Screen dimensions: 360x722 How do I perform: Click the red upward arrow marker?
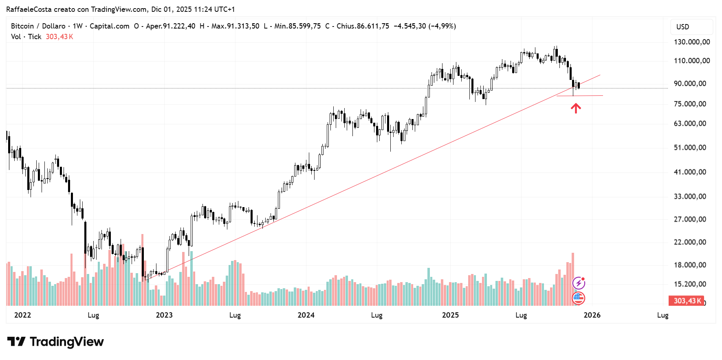(x=575, y=108)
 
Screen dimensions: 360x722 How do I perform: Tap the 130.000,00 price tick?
(x=691, y=42)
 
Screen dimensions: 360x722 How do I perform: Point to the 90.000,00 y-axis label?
(x=690, y=84)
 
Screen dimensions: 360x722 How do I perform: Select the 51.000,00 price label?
(x=690, y=148)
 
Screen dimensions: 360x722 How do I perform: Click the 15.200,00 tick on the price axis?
(x=690, y=284)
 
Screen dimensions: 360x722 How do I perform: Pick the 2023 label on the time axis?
(x=164, y=315)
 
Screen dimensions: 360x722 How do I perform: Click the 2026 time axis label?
(x=592, y=315)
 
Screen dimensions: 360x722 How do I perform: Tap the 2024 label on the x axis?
(x=306, y=315)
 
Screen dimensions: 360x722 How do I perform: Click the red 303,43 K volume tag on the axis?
(x=687, y=301)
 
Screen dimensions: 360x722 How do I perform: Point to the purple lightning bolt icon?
(x=579, y=283)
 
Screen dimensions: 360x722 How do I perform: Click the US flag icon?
(x=579, y=298)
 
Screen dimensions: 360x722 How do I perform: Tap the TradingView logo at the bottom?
(x=55, y=342)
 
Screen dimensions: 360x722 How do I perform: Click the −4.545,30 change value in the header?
(x=409, y=26)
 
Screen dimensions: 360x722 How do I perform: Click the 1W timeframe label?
(x=77, y=26)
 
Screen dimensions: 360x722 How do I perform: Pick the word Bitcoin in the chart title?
(x=22, y=26)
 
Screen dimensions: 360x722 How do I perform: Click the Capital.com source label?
(x=109, y=26)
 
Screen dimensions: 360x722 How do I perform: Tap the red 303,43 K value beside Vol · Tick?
(x=59, y=37)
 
